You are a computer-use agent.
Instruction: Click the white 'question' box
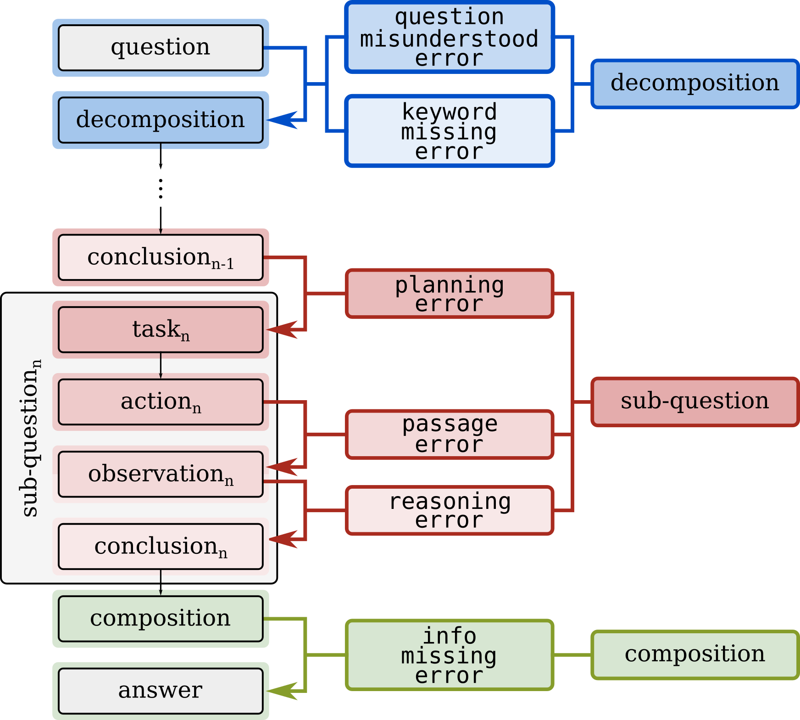coord(161,48)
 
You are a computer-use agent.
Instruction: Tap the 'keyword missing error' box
coord(450,131)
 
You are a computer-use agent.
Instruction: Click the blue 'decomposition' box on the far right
coord(694,84)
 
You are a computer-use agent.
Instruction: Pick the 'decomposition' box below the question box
coord(161,120)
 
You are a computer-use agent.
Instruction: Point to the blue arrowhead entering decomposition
coord(282,120)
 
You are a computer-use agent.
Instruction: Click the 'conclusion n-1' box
coord(161,257)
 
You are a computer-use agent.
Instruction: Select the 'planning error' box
coord(450,294)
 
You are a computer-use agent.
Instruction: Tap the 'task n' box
coord(161,329)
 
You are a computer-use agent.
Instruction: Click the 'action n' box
coord(161,402)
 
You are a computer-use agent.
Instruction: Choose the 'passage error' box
coord(450,434)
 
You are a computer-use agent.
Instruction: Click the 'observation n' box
coord(161,474)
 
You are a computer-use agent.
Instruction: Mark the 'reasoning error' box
coord(450,510)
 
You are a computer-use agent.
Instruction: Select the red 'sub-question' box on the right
coord(694,402)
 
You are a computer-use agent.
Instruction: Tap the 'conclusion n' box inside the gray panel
coord(161,547)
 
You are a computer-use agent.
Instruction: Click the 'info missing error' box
coord(450,655)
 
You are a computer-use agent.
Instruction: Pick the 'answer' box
coord(161,691)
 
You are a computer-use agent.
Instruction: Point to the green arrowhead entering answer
coord(282,691)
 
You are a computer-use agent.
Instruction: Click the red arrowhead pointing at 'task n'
coord(282,329)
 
